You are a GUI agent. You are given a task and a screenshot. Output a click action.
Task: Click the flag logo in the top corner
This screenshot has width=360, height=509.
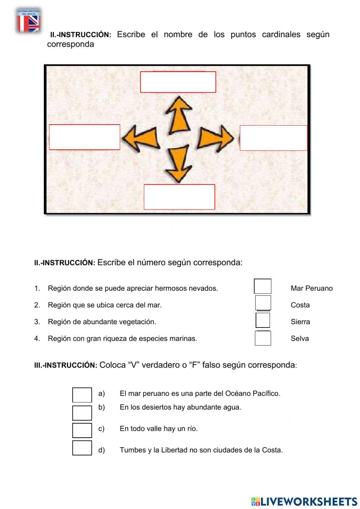[x=28, y=21]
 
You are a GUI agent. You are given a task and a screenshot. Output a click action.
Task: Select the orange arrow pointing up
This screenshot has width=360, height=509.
[x=178, y=115]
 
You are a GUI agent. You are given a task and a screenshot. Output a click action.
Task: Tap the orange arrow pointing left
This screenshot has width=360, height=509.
[x=141, y=138]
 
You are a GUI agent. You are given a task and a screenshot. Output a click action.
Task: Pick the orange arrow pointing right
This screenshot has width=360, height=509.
[x=216, y=138]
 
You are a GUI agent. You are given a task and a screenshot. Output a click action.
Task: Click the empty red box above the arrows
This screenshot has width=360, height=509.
[x=178, y=82]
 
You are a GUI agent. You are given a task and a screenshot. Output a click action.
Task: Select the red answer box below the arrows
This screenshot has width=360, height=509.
[x=179, y=197]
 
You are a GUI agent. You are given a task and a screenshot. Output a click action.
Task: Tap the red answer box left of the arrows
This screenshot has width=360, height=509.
[x=85, y=137]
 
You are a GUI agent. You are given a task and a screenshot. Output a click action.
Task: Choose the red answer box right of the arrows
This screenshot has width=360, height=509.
[x=274, y=138]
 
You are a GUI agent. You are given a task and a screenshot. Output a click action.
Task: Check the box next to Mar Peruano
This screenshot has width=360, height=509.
[x=263, y=286]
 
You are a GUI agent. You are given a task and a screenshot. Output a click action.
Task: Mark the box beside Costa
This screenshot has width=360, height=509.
[x=263, y=303]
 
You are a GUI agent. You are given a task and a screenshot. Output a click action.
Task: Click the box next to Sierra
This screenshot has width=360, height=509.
[x=263, y=320]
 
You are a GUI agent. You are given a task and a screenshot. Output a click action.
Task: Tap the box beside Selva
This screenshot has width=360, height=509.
[x=263, y=338]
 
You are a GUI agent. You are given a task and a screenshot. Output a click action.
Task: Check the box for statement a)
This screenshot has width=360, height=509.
[x=82, y=395]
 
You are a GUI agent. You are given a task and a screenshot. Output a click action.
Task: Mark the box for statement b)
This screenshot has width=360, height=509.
[x=82, y=413]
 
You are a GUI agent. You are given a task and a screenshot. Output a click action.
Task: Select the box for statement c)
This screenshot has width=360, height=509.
[x=82, y=430]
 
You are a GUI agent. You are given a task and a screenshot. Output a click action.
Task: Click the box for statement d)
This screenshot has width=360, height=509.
[x=82, y=448]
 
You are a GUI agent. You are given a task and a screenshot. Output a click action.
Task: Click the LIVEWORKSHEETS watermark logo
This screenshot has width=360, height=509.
[x=304, y=501]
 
